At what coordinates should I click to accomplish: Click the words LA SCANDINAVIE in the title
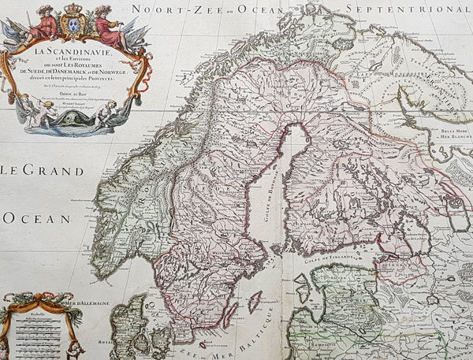(77, 52)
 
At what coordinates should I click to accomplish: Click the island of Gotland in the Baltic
(254, 300)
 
